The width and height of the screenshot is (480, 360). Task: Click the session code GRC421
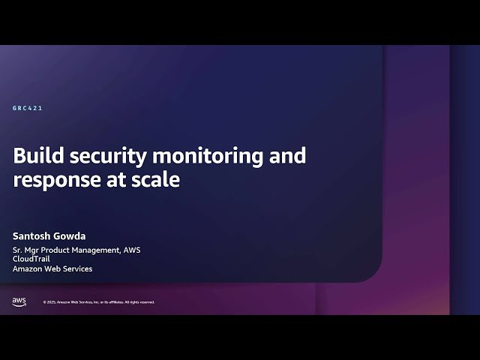click(27, 108)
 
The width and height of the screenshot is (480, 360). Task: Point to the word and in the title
click(288, 156)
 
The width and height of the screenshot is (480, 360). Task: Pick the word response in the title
click(53, 180)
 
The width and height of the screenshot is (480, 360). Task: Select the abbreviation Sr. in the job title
click(18, 250)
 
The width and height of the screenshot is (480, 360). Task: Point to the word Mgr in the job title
click(34, 250)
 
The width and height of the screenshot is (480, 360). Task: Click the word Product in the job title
click(62, 250)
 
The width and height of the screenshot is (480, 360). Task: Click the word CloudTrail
click(30, 259)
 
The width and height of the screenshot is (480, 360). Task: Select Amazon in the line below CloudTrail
click(27, 268)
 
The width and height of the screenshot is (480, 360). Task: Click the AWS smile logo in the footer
click(19, 301)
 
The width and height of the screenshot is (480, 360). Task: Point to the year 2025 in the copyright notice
click(52, 302)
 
